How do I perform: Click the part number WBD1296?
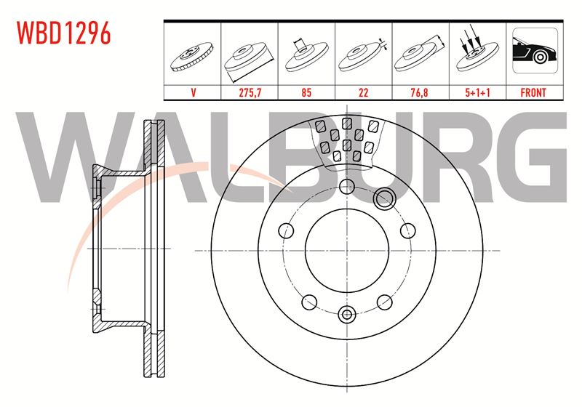pyautogui.click(x=63, y=33)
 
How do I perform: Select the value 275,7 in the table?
pyautogui.click(x=250, y=92)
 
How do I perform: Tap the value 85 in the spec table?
pyautogui.click(x=306, y=92)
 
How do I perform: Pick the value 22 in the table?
pyautogui.click(x=363, y=92)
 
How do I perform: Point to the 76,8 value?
pyautogui.click(x=420, y=92)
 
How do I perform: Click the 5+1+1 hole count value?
pyautogui.click(x=477, y=92)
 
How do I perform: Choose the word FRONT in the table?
pyautogui.click(x=533, y=92)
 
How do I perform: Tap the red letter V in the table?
pyautogui.click(x=193, y=92)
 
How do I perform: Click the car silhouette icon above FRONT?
pyautogui.click(x=535, y=51)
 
